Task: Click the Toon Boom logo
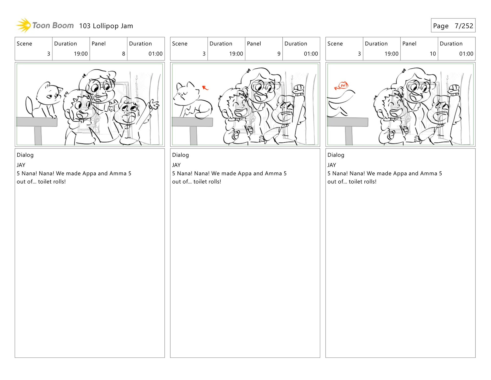pyautogui.click(x=45, y=25)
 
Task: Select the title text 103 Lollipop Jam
pyautogui.click(x=106, y=26)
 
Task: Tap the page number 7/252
pyautogui.click(x=464, y=26)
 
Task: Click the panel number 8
pyautogui.click(x=124, y=54)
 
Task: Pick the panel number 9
pyautogui.click(x=279, y=54)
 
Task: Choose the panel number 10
pyautogui.click(x=433, y=54)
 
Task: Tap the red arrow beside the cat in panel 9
pyautogui.click(x=205, y=88)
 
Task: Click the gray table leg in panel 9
pyautogui.click(x=193, y=135)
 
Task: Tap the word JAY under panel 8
pyautogui.click(x=21, y=165)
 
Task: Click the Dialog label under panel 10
pyautogui.click(x=336, y=155)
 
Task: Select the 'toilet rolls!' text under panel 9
pyautogui.click(x=207, y=182)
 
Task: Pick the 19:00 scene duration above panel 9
pyautogui.click(x=236, y=54)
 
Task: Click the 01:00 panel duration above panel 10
pyautogui.click(x=466, y=54)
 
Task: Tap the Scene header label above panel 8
pyautogui.click(x=25, y=44)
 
